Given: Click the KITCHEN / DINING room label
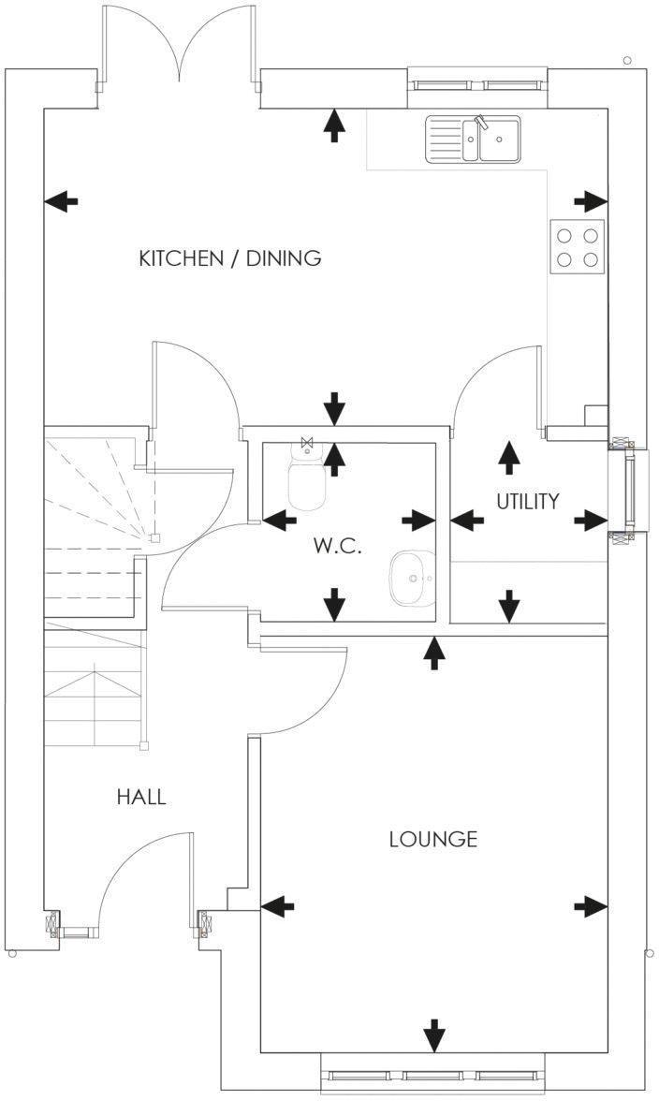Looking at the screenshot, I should (229, 258).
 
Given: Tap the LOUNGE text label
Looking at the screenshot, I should (432, 839).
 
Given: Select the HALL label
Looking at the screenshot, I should (141, 798).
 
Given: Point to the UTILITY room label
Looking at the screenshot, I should (527, 501).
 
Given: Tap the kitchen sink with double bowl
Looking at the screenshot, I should (474, 139).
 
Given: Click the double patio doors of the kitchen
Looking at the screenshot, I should (179, 47).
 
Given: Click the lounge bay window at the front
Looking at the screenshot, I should (433, 1077).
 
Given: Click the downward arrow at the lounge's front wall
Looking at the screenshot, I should (433, 1035).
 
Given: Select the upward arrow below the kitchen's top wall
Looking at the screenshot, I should (333, 125).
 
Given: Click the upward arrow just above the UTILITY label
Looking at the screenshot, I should (508, 456).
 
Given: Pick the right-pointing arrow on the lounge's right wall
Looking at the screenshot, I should (591, 905).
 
